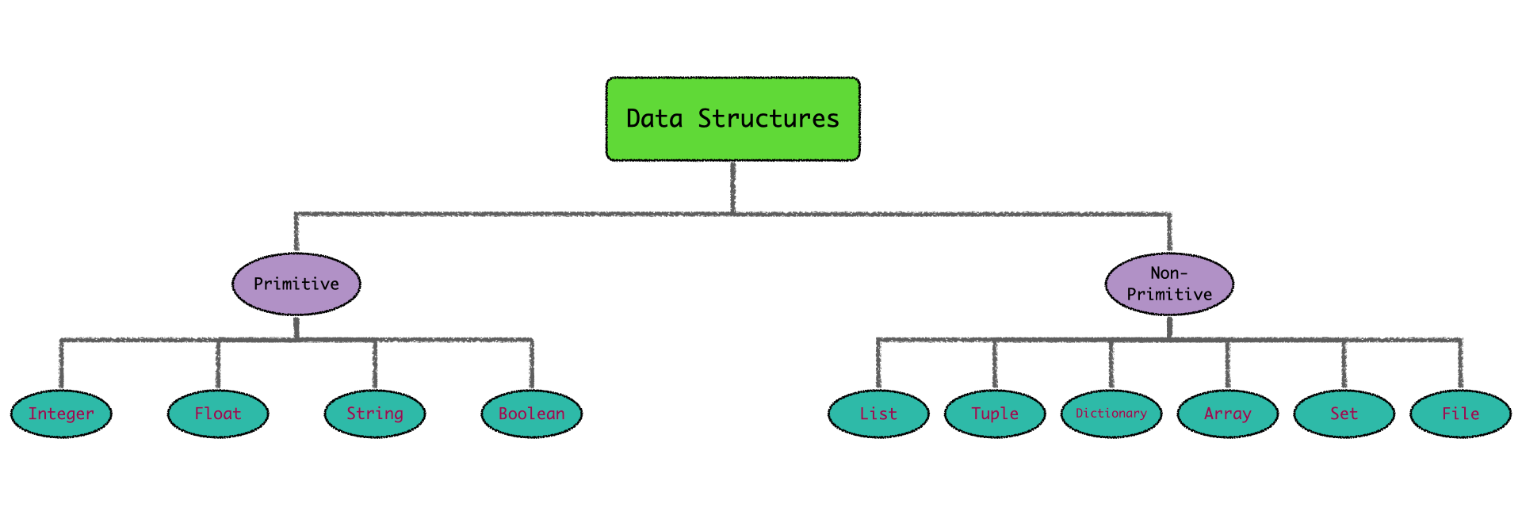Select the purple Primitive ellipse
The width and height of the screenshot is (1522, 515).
(296, 284)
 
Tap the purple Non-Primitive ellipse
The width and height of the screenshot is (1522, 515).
(1169, 284)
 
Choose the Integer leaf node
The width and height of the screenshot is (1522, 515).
(61, 414)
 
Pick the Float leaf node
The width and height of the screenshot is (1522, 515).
(218, 414)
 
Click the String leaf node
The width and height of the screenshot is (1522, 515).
(375, 414)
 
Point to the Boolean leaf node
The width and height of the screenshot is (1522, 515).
(532, 414)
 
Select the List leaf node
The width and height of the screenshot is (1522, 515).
(878, 414)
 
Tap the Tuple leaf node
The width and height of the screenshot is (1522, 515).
(995, 414)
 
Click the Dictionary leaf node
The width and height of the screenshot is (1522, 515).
(1111, 414)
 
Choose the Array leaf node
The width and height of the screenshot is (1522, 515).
(1228, 414)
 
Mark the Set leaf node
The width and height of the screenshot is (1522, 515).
(1344, 414)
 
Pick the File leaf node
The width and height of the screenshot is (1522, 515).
(1461, 414)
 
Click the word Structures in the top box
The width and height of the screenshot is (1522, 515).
(767, 119)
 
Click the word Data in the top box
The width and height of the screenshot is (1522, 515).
(654, 119)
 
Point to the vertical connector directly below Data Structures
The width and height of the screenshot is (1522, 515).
(733, 187)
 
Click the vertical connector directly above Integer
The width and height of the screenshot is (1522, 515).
(61, 365)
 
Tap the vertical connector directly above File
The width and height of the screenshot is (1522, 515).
(1461, 365)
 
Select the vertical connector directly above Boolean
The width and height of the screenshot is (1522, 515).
(532, 365)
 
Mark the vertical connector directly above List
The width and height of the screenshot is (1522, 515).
(878, 365)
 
